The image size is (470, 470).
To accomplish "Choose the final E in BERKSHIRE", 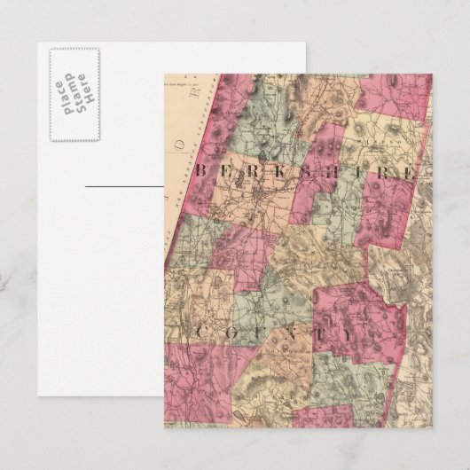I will click(x=409, y=170).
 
